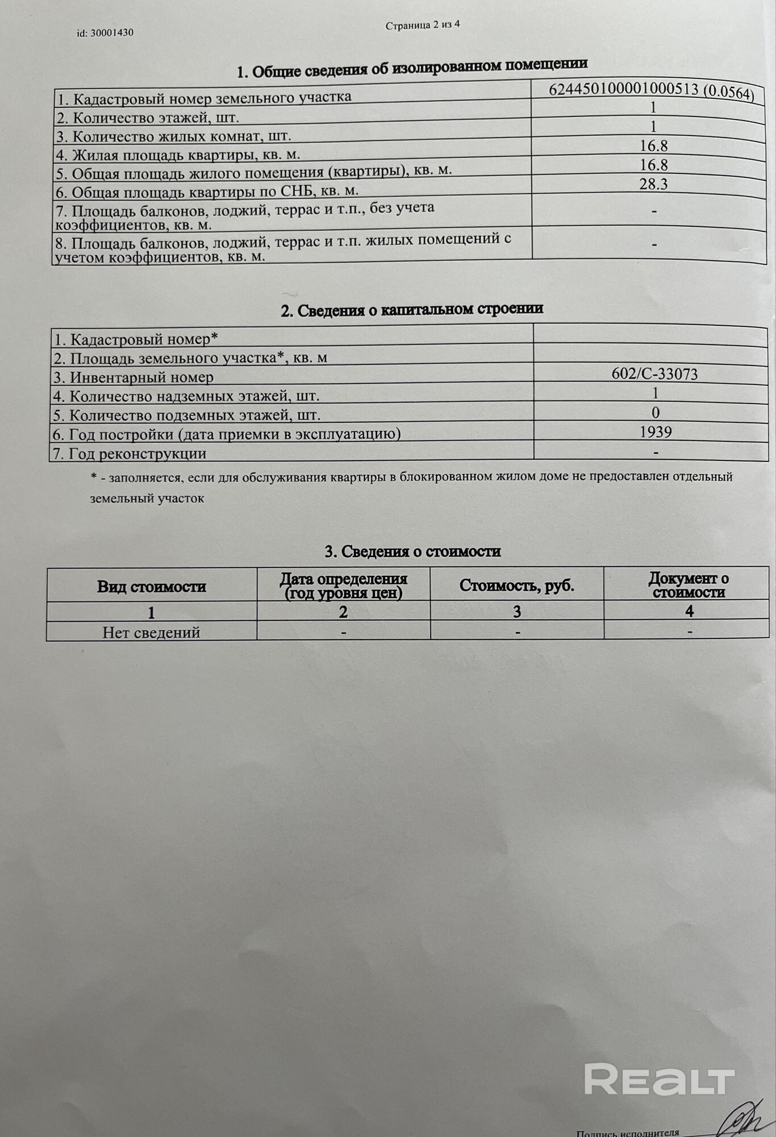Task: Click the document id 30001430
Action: (x=105, y=33)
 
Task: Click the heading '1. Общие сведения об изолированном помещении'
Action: (x=412, y=69)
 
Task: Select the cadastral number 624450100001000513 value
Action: (x=651, y=92)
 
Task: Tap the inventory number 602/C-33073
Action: (x=654, y=374)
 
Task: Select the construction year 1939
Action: (x=656, y=432)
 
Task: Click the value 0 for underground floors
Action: (x=656, y=413)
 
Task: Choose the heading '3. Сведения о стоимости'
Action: (x=412, y=551)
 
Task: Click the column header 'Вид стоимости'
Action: (x=152, y=587)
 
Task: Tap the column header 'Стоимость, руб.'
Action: (x=516, y=586)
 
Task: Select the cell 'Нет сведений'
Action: (x=152, y=632)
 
